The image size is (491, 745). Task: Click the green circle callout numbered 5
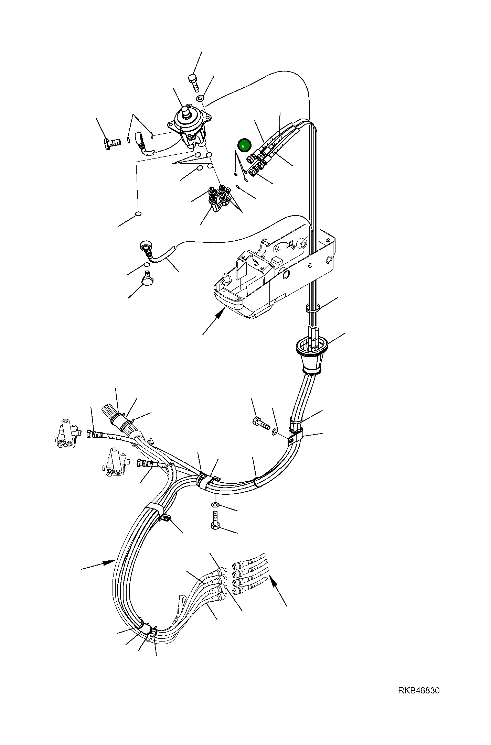(x=244, y=146)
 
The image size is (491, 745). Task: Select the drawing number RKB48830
(x=419, y=691)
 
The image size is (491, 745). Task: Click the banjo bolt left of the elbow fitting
(x=112, y=142)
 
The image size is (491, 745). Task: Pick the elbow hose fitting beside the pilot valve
(x=143, y=144)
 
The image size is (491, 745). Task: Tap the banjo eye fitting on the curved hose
(x=146, y=246)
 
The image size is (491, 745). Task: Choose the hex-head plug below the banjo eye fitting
(x=147, y=279)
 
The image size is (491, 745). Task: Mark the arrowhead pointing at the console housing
(x=220, y=313)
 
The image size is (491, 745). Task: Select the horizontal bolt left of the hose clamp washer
(x=261, y=423)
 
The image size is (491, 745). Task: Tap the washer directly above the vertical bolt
(x=215, y=505)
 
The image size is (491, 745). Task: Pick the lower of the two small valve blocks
(x=115, y=462)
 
